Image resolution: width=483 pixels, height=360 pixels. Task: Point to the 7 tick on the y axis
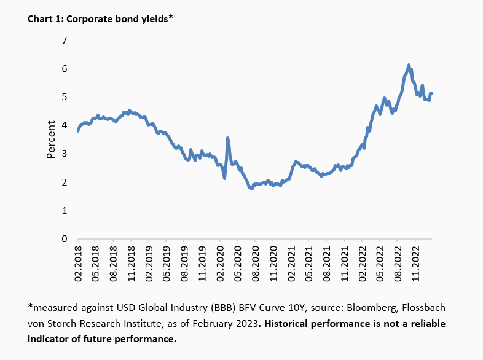[63, 41]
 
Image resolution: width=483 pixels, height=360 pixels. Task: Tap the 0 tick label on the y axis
[63, 239]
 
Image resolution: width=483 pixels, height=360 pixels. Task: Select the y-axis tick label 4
[63, 125]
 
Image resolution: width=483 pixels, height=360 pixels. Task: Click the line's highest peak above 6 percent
[409, 65]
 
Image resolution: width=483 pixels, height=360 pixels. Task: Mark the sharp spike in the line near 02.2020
[228, 138]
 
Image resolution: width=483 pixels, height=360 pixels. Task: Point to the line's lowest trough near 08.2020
[251, 189]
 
